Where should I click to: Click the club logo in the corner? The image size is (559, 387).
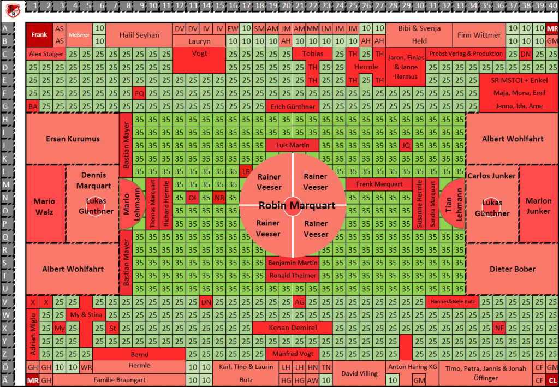coord(13,11)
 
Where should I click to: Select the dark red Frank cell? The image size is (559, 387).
coord(39,35)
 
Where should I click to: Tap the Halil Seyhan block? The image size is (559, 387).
coord(139,35)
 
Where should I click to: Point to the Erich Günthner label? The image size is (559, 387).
coord(293,106)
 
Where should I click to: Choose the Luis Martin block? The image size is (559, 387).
coord(293,145)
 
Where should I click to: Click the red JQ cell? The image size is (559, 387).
coord(406,145)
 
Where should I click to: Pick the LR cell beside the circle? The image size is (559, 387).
coord(246,171)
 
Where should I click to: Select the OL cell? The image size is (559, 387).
coord(193,198)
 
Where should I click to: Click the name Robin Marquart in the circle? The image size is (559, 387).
coord(297,206)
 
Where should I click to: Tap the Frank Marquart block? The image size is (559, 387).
coord(379,184)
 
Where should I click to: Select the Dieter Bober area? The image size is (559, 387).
coord(512,269)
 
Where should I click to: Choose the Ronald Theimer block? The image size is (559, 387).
coord(293,276)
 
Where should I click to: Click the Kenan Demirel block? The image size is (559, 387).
coord(293,328)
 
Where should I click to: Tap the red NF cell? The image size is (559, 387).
coord(499,328)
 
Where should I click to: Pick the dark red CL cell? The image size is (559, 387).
coord(552,380)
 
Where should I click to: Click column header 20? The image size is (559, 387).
coord(286,5)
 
